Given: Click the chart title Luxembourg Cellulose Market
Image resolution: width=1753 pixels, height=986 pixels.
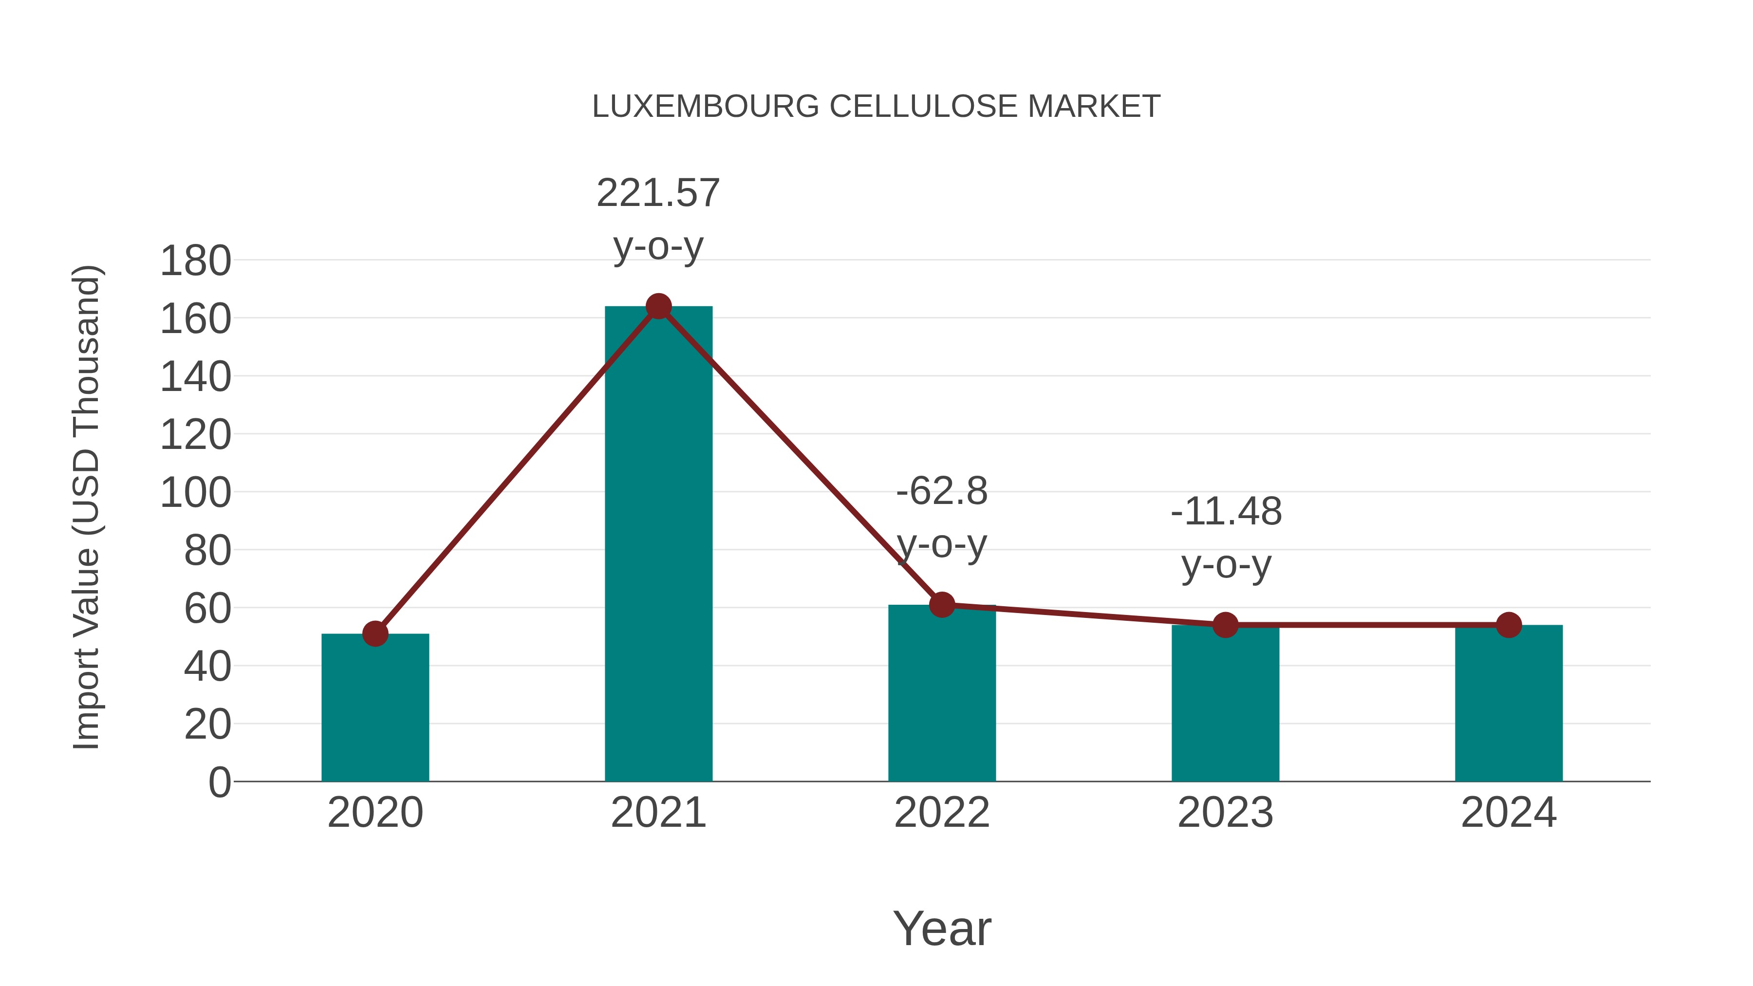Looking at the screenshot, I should click(876, 107).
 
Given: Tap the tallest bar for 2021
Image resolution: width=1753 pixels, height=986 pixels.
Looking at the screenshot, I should click(658, 544).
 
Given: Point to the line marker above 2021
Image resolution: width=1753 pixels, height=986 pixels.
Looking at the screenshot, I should click(658, 306).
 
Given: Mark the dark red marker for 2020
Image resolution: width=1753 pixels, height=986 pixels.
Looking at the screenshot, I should click(375, 633).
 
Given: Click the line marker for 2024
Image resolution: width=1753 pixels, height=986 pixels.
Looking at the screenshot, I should click(1509, 625).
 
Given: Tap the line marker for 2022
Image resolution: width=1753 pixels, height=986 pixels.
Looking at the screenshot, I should click(942, 604).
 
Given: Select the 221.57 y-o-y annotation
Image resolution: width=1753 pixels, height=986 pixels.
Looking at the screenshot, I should click(658, 218).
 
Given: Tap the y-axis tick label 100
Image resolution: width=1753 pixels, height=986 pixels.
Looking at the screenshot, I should click(195, 493).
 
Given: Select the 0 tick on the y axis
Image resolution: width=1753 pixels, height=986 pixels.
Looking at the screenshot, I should click(219, 782).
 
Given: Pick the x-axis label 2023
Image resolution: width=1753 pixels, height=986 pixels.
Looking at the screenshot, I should click(1225, 813).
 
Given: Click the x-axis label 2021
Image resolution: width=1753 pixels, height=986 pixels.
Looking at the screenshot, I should click(658, 813).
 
